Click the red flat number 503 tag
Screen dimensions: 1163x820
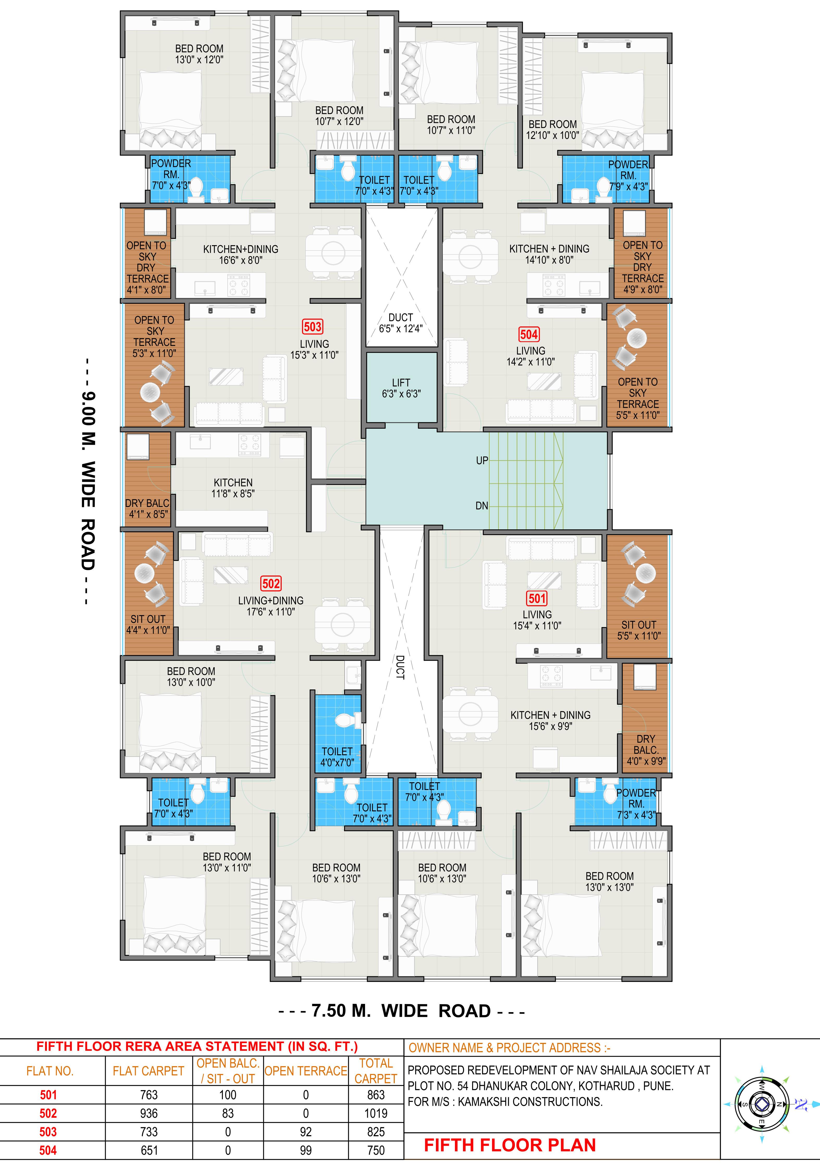[312, 327]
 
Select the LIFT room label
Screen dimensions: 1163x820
[401, 388]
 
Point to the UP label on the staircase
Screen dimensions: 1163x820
[482, 460]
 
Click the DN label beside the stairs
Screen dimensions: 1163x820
[482, 505]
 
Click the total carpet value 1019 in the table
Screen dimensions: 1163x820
[376, 1113]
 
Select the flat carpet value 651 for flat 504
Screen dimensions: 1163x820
[149, 1150]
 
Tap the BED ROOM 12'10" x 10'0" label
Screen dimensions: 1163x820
[553, 130]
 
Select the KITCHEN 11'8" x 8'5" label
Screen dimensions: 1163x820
[233, 488]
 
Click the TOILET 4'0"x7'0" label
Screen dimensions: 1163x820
[337, 757]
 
